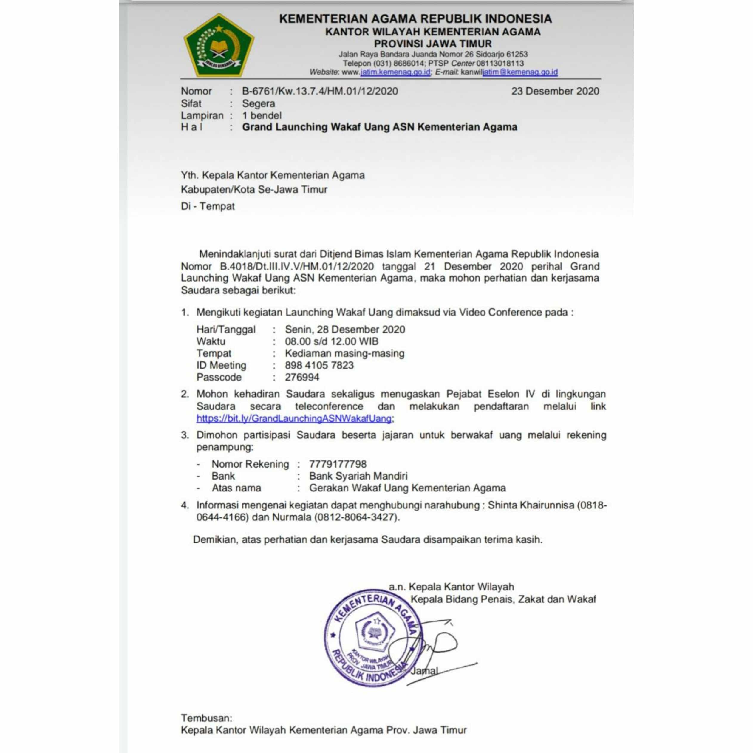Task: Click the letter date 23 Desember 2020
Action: (x=555, y=91)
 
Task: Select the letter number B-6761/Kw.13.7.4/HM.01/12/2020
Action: (x=320, y=91)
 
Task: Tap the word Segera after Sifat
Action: (x=258, y=104)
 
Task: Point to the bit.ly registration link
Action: (x=294, y=418)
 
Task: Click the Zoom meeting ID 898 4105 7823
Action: (x=319, y=365)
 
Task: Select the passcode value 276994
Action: (x=302, y=377)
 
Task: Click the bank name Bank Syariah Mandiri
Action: (x=358, y=476)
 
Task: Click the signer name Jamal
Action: (x=424, y=671)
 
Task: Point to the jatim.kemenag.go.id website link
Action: (x=395, y=72)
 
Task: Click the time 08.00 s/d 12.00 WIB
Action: (x=332, y=341)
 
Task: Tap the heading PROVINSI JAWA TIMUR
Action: (x=433, y=44)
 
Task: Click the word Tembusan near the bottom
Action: (x=206, y=718)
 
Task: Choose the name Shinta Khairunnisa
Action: (x=531, y=505)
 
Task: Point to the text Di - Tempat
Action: (x=208, y=206)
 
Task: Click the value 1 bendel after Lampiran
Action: (x=262, y=115)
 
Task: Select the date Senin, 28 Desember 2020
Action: (x=345, y=329)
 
